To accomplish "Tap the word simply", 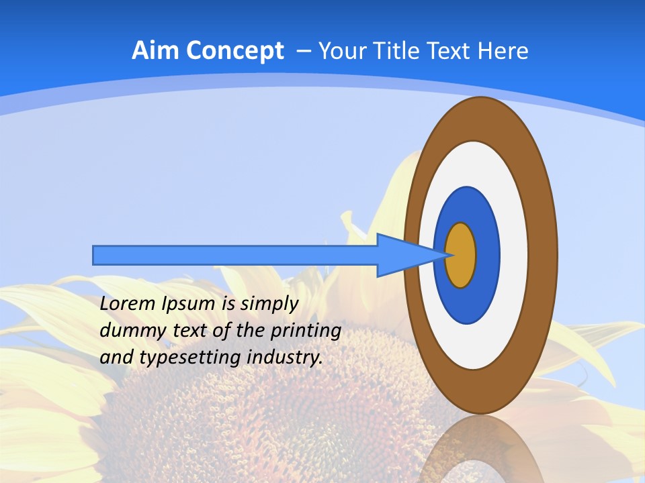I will tap(269, 305).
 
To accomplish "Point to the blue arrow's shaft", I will tap(235, 255).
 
